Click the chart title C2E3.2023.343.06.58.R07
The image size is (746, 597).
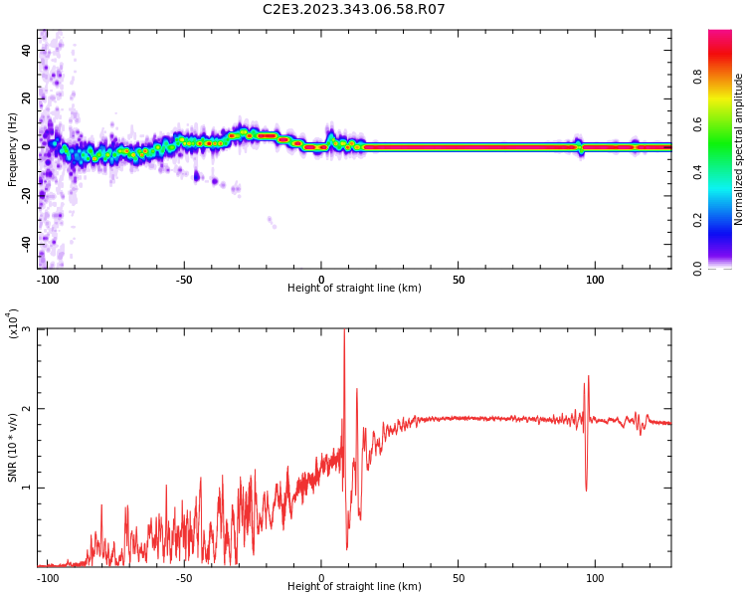coord(353,9)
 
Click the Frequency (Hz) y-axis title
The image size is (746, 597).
coord(13,149)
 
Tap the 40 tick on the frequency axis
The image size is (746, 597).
coord(27,50)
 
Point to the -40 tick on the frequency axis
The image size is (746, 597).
coord(25,243)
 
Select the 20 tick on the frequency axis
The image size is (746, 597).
coord(27,99)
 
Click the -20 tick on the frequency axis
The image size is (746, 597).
coord(25,195)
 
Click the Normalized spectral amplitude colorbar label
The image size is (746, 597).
coord(739,149)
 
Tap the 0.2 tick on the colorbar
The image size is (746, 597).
coord(725,220)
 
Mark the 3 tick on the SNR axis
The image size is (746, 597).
coord(26,329)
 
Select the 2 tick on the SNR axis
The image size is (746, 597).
coord(26,409)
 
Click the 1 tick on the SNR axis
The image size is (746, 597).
coord(26,488)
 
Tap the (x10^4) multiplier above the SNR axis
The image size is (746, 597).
coord(14,324)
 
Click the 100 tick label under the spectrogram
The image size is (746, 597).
coord(595,280)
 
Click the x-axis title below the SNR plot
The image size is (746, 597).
coord(354,587)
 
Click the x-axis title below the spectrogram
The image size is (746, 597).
coord(354,289)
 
